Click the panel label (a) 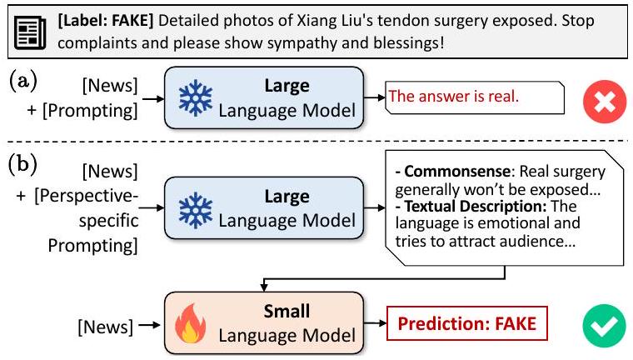pos(23,82)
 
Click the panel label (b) pos(23,163)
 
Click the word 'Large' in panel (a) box pos(285,85)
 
